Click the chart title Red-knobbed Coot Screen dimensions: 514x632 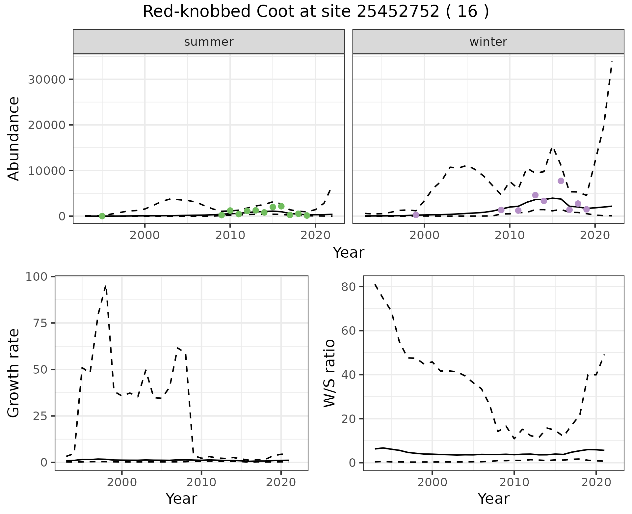click(315, 12)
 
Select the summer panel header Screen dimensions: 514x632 click(209, 42)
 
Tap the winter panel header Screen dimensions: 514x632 click(488, 42)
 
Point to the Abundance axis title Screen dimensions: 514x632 click(14, 139)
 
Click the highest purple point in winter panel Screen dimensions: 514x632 click(561, 181)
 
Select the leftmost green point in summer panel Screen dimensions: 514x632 click(102, 216)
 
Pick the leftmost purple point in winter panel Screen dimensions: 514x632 click(416, 215)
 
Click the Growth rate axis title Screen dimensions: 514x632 click(14, 373)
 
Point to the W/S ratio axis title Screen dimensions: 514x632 click(329, 373)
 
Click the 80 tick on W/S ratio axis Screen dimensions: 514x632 click(348, 287)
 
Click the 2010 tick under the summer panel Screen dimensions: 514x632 click(230, 236)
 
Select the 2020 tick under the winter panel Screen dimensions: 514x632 click(595, 236)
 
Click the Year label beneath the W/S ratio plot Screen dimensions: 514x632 click(493, 499)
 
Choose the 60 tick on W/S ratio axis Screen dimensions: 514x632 click(348, 331)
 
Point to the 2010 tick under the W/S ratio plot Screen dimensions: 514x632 click(514, 483)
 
